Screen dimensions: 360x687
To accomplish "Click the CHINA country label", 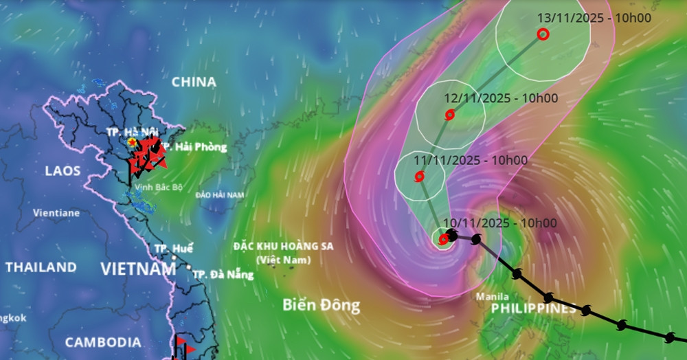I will coord(194,82).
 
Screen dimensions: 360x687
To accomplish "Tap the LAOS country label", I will coord(63,171).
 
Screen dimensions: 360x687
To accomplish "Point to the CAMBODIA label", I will coord(103,342).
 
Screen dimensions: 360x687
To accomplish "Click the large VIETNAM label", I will coord(139,269).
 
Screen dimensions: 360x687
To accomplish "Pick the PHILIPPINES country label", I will coord(534,309).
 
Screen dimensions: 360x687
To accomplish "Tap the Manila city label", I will coord(493,297).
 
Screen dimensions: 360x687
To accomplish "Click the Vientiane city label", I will coord(56,213).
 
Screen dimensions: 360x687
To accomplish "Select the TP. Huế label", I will coord(174,249).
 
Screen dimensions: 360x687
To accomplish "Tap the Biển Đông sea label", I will coord(321,306).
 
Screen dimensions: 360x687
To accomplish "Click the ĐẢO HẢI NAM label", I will coord(220,195).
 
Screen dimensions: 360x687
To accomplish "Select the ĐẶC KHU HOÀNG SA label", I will coord(283,246).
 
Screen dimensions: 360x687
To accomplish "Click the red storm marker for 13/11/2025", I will coord(543,34).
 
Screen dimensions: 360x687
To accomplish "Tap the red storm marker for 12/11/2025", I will coord(449,115).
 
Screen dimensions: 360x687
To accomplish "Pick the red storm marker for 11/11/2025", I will coord(420,177).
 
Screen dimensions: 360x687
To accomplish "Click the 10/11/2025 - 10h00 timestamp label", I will coord(500,223).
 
